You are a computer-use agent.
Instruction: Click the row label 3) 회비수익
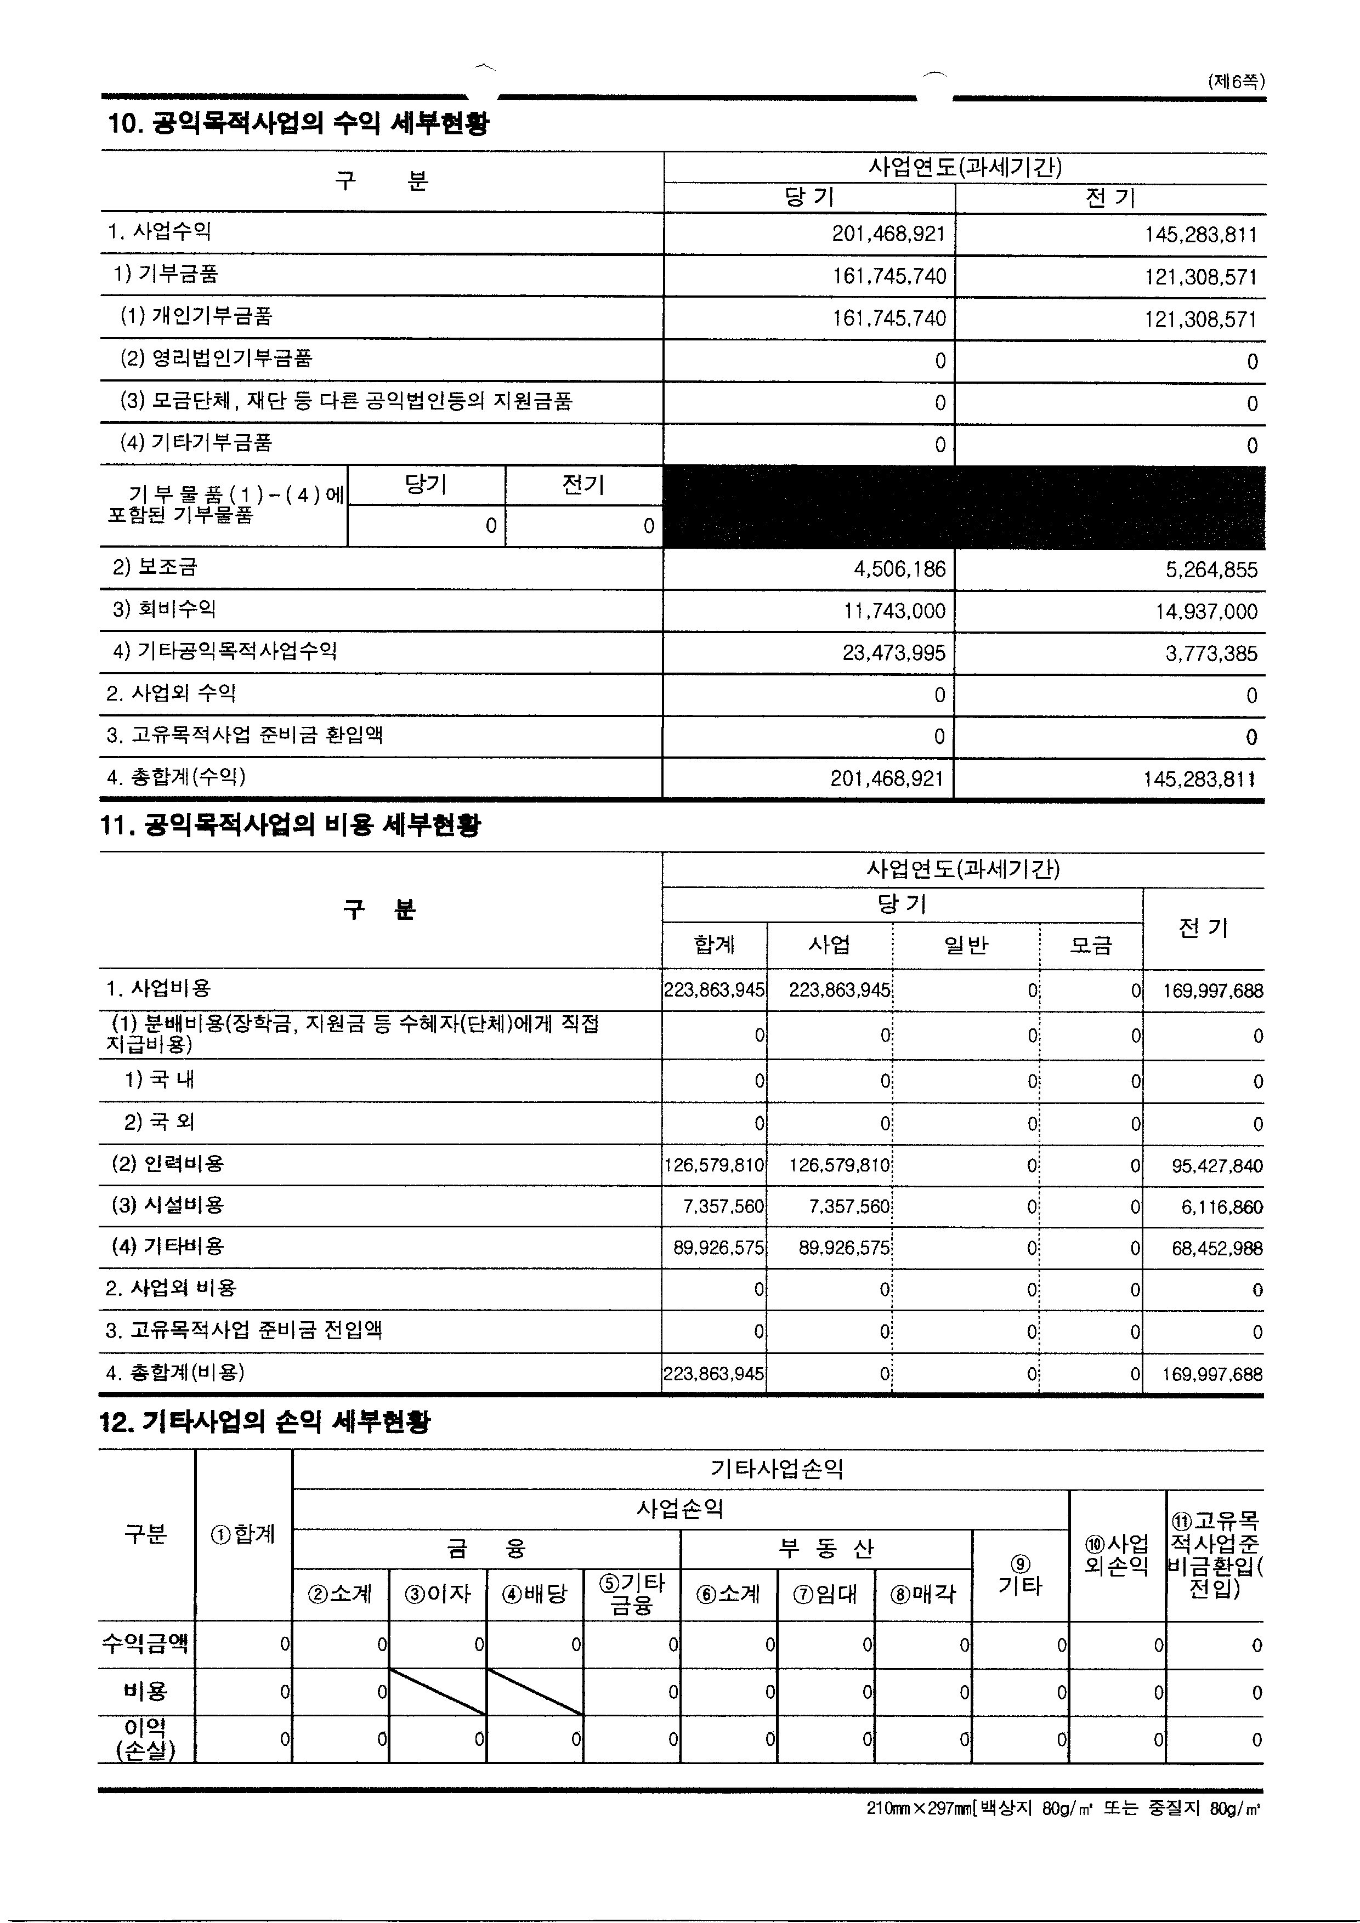pos(164,609)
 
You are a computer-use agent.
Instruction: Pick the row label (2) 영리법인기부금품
pos(216,359)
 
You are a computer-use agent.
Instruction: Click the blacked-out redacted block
pos(964,508)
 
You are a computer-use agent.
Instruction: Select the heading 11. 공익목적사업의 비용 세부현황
pos(291,826)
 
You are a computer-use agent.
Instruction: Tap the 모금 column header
pos(1091,946)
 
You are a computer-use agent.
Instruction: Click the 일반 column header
pos(966,946)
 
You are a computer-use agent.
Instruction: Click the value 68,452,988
pos(1217,1249)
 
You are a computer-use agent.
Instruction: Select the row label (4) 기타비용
pos(168,1246)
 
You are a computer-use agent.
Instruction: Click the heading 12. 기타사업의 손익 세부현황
pos(265,1421)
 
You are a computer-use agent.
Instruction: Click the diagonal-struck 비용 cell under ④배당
pos(535,1692)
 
